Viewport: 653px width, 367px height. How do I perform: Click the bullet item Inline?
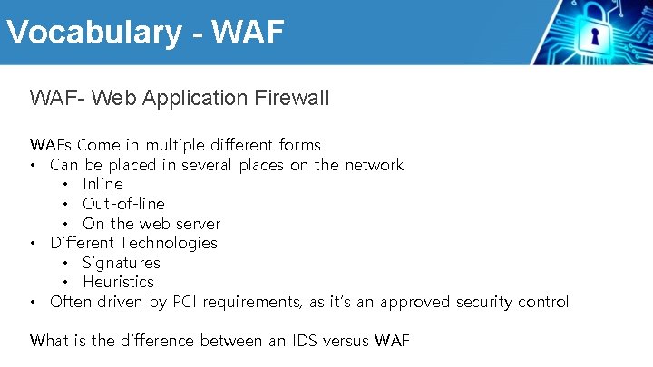click(102, 184)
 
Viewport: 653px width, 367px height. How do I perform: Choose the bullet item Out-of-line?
click(123, 204)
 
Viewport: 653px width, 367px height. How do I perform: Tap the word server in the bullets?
click(200, 224)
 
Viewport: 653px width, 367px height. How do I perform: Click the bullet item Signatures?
click(121, 263)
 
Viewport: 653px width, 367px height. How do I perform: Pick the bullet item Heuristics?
click(118, 282)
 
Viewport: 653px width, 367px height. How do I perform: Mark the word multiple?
click(175, 145)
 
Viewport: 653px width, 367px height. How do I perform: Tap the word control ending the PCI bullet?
click(541, 302)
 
